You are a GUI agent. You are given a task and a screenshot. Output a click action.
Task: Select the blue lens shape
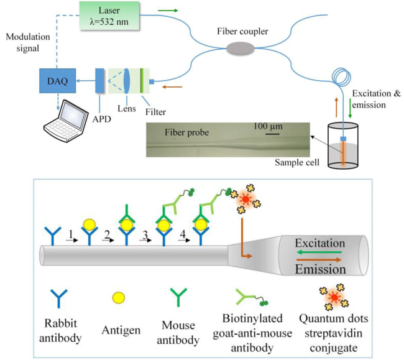(x=127, y=80)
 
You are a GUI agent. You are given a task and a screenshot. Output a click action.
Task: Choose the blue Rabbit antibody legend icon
(x=58, y=299)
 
